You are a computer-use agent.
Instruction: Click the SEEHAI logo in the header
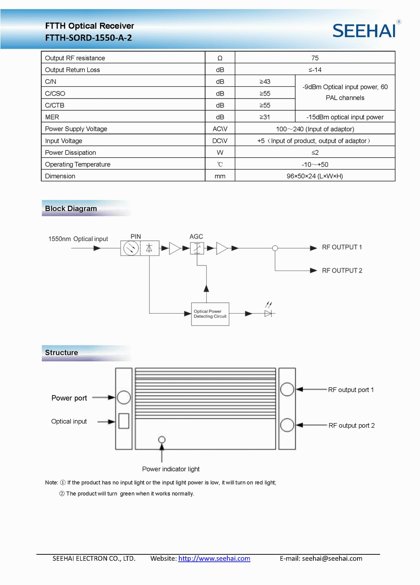(x=364, y=31)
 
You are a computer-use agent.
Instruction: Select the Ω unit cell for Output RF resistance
(x=220, y=58)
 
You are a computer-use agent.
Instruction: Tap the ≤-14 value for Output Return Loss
(x=315, y=70)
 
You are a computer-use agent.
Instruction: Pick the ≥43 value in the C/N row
(x=265, y=81)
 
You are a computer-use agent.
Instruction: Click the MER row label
(x=52, y=117)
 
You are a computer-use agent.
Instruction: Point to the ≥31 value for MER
(x=265, y=117)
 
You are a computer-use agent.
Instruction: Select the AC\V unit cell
(x=220, y=129)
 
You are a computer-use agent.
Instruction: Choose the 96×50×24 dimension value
(x=315, y=176)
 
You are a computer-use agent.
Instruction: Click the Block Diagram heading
(x=71, y=208)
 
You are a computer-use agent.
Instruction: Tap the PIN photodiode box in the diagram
(x=139, y=248)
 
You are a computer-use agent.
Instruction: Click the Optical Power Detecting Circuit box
(x=210, y=314)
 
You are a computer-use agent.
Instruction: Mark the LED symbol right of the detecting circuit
(x=268, y=313)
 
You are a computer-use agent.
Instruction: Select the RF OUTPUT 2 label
(x=342, y=270)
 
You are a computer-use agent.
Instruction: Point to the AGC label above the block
(x=196, y=237)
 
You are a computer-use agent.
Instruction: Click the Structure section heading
(x=61, y=353)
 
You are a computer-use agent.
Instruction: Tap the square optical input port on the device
(x=124, y=421)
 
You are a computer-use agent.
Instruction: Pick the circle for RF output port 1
(x=287, y=389)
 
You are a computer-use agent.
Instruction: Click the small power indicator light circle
(x=162, y=439)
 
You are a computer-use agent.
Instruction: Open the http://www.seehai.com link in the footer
(x=214, y=559)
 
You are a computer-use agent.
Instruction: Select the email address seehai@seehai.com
(x=332, y=559)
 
